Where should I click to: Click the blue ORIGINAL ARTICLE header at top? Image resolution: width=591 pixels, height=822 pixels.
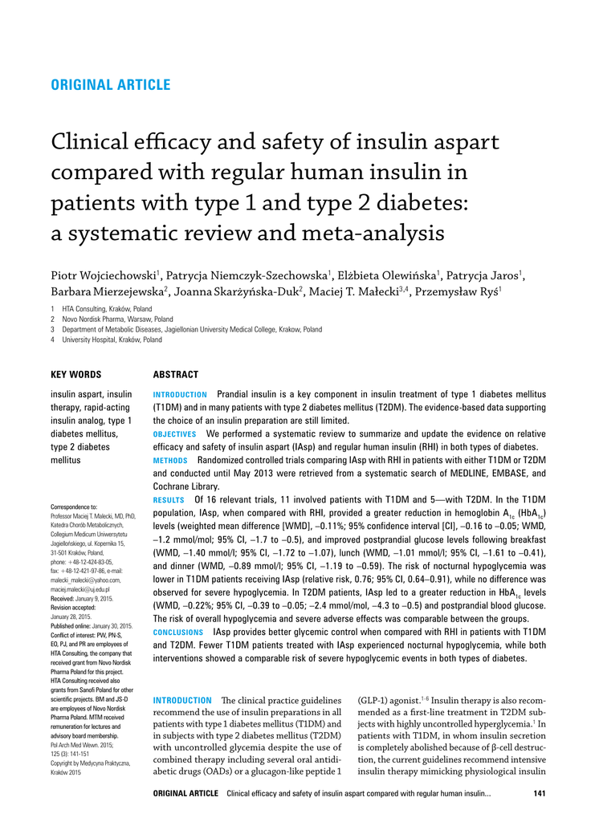click(x=110, y=85)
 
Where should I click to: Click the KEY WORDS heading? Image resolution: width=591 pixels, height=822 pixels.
click(x=76, y=374)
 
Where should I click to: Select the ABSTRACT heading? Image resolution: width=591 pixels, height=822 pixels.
click(x=175, y=374)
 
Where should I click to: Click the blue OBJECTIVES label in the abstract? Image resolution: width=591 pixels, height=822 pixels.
click(x=174, y=434)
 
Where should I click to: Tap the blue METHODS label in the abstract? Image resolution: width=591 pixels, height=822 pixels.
click(x=170, y=461)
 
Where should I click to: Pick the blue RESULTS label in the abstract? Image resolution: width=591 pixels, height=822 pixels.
click(x=169, y=498)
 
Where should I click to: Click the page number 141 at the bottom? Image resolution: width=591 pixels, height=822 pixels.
click(x=540, y=794)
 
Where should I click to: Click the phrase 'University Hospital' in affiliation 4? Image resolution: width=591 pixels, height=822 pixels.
click(x=91, y=340)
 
